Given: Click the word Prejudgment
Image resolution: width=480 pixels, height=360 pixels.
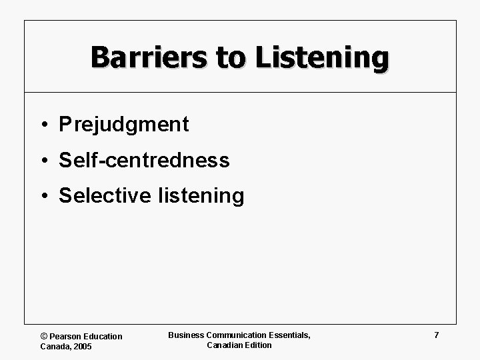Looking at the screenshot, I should [124, 125].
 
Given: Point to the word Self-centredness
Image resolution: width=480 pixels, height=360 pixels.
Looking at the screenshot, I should [144, 161].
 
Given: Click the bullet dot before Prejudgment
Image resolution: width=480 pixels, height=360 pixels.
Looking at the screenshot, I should [43, 125].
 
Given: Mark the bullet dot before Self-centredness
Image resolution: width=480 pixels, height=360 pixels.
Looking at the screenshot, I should [43, 161].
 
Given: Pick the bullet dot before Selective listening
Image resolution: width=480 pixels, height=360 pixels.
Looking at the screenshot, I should [43, 197].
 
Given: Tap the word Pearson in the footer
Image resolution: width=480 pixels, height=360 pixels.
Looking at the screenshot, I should [66, 337].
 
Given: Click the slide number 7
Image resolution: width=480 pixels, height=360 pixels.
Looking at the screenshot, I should [437, 335].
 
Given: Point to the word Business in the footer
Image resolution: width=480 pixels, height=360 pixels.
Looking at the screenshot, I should [186, 335].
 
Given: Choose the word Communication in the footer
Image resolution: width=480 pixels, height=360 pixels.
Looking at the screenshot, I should [237, 335].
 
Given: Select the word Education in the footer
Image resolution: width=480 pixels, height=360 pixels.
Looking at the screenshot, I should [103, 337].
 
